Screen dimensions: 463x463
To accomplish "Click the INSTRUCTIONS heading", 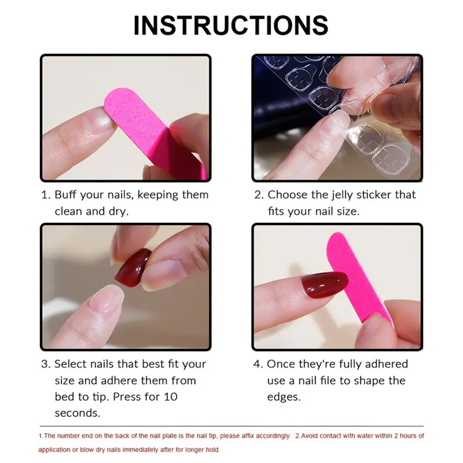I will click(x=231, y=25).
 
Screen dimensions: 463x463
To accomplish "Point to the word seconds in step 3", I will click(x=77, y=413).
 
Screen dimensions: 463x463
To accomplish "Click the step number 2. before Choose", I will click(x=259, y=195).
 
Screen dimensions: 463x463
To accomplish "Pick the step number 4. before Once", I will click(x=258, y=364).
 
